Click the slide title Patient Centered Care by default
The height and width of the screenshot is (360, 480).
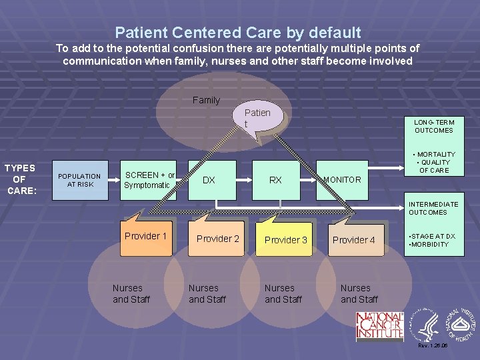pyautogui.click(x=238, y=32)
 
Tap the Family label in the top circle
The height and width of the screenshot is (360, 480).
pyautogui.click(x=206, y=100)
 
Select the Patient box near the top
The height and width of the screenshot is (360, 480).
pyautogui.click(x=257, y=118)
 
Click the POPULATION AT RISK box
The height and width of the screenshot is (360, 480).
pyautogui.click(x=79, y=180)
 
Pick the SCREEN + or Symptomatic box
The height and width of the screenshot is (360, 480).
pyautogui.click(x=149, y=180)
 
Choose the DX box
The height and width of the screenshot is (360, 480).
pyautogui.click(x=209, y=180)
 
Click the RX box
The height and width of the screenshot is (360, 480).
pyautogui.click(x=275, y=180)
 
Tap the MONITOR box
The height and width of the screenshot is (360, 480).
pyautogui.click(x=343, y=180)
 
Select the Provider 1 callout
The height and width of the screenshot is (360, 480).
pyautogui.click(x=145, y=237)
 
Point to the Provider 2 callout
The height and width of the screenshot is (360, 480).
pyautogui.click(x=218, y=239)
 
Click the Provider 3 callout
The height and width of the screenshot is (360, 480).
pyautogui.click(x=286, y=239)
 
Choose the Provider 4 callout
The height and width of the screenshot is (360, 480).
pyautogui.click(x=354, y=239)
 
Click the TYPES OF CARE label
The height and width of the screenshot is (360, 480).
pyautogui.click(x=19, y=179)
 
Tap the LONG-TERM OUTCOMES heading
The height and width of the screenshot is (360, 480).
pyautogui.click(x=433, y=126)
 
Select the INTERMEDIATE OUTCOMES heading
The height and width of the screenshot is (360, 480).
pyautogui.click(x=433, y=208)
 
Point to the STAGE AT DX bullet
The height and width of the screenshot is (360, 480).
pyautogui.click(x=432, y=236)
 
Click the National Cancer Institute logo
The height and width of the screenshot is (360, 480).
pyautogui.click(x=379, y=326)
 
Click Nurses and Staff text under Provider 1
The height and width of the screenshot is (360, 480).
pyautogui.click(x=131, y=293)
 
